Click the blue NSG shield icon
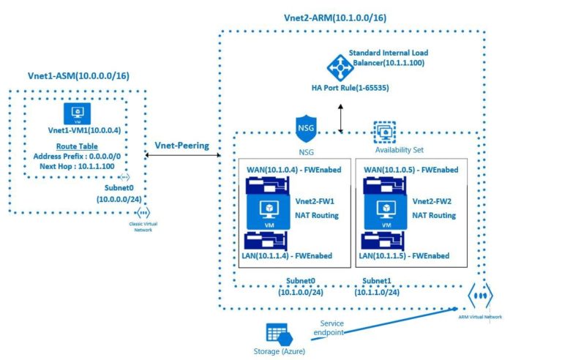(304, 127)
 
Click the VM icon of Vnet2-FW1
(270, 211)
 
